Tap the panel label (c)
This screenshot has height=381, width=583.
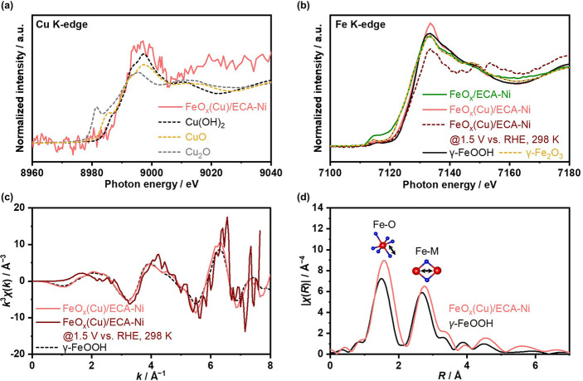coord(10,198)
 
